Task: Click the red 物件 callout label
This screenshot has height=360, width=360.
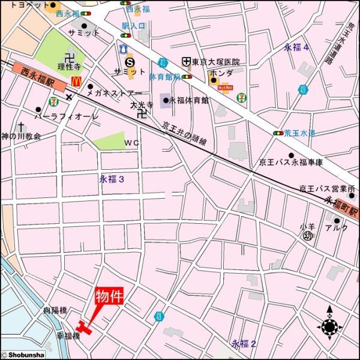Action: pos(109,297)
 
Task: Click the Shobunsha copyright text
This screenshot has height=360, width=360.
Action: pos(23,355)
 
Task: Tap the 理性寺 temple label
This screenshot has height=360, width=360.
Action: pos(69,67)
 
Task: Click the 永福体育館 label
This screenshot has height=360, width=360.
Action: pos(188,100)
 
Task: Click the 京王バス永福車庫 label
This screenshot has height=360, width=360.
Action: pos(290,162)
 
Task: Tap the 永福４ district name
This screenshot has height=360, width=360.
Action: pos(296,47)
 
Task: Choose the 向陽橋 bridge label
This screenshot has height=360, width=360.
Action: pos(55,311)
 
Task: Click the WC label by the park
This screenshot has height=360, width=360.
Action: pos(131,143)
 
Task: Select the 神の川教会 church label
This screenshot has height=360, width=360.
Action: pos(21,136)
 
